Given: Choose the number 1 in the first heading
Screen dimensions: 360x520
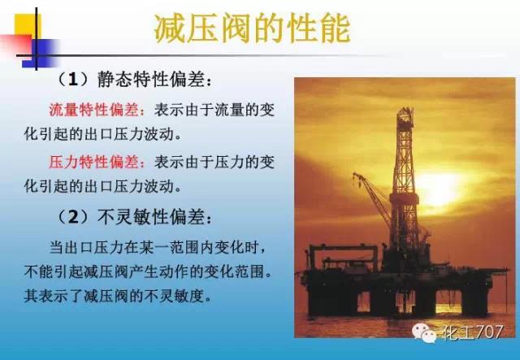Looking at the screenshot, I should tap(74, 80).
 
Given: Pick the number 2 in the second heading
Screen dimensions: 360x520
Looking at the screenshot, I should tap(74, 217).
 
